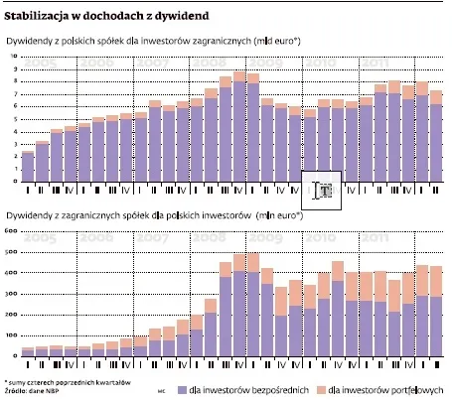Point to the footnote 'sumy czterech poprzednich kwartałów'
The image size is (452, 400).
(x=55, y=379)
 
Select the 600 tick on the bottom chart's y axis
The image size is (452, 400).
(x=12, y=231)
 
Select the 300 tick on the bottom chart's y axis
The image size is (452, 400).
(x=12, y=294)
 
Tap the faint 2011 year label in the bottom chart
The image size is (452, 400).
(x=378, y=238)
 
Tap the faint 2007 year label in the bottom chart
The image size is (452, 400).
(x=153, y=238)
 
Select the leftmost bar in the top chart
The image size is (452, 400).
(x=28, y=166)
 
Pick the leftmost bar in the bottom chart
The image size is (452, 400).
(x=28, y=351)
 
